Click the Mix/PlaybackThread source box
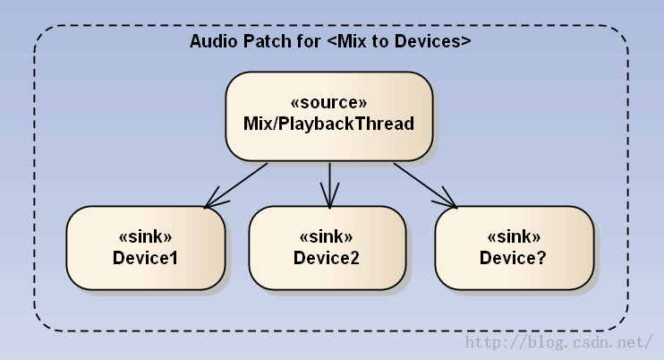pyautogui.click(x=329, y=116)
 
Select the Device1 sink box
pyautogui.click(x=146, y=248)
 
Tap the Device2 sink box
pyautogui.click(x=328, y=248)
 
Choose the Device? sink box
pyautogui.click(x=514, y=248)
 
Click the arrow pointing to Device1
pyautogui.click(x=236, y=185)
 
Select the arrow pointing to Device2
pyautogui.click(x=329, y=185)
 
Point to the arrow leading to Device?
pyautogui.click(x=425, y=185)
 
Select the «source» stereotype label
pyautogui.click(x=328, y=102)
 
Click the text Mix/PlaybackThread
pyautogui.click(x=328, y=124)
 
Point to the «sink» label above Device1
pyautogui.click(x=145, y=236)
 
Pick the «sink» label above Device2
pyautogui.click(x=326, y=236)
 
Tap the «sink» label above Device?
pyautogui.click(x=514, y=236)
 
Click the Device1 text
pyautogui.click(x=145, y=258)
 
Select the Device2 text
pyautogui.click(x=326, y=258)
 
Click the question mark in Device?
pyautogui.click(x=541, y=258)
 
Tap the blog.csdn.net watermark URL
pyautogui.click(x=559, y=342)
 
